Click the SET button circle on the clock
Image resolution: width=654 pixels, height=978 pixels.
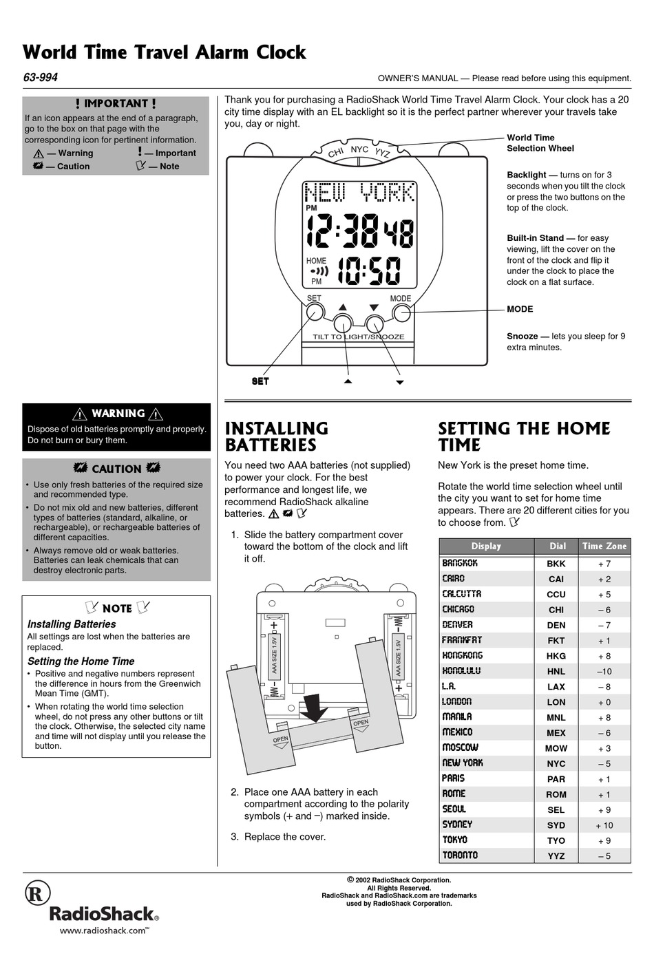click(315, 312)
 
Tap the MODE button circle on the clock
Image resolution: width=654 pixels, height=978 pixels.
click(401, 313)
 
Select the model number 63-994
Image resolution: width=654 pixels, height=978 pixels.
click(41, 77)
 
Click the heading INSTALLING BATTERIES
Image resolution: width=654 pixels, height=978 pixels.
click(276, 436)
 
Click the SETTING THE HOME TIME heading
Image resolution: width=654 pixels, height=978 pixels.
click(523, 436)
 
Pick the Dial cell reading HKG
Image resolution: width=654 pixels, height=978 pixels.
click(556, 656)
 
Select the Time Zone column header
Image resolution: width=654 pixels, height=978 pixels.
click(604, 546)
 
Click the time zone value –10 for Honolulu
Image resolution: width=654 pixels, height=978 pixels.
click(604, 671)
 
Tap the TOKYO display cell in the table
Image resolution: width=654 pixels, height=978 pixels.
click(455, 840)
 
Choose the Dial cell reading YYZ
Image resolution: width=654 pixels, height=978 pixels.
click(556, 855)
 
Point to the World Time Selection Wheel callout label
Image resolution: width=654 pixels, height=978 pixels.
click(540, 142)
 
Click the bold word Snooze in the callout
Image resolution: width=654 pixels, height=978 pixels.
click(522, 336)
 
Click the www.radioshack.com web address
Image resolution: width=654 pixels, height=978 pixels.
click(104, 930)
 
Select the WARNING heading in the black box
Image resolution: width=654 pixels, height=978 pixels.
click(118, 413)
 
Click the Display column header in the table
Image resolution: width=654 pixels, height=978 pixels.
click(486, 546)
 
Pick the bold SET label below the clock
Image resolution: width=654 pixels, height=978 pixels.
click(260, 381)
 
